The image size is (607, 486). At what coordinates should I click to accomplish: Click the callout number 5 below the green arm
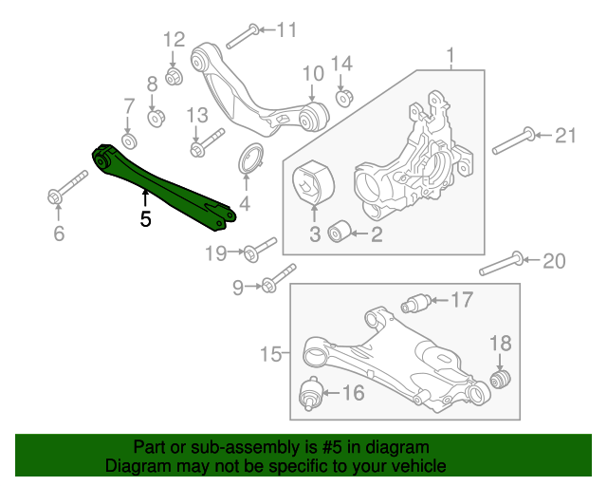click(145, 218)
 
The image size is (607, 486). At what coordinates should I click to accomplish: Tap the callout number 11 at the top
click(285, 29)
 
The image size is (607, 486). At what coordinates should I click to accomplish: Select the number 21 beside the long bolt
click(565, 136)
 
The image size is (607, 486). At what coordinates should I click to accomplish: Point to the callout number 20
click(552, 260)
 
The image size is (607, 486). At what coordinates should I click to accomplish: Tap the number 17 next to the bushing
click(461, 301)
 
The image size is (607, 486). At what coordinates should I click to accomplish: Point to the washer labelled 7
click(130, 140)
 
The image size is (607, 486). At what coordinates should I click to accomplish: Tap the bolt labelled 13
click(204, 143)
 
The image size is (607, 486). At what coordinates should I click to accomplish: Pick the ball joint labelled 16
click(309, 392)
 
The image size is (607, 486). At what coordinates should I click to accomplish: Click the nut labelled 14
click(344, 96)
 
